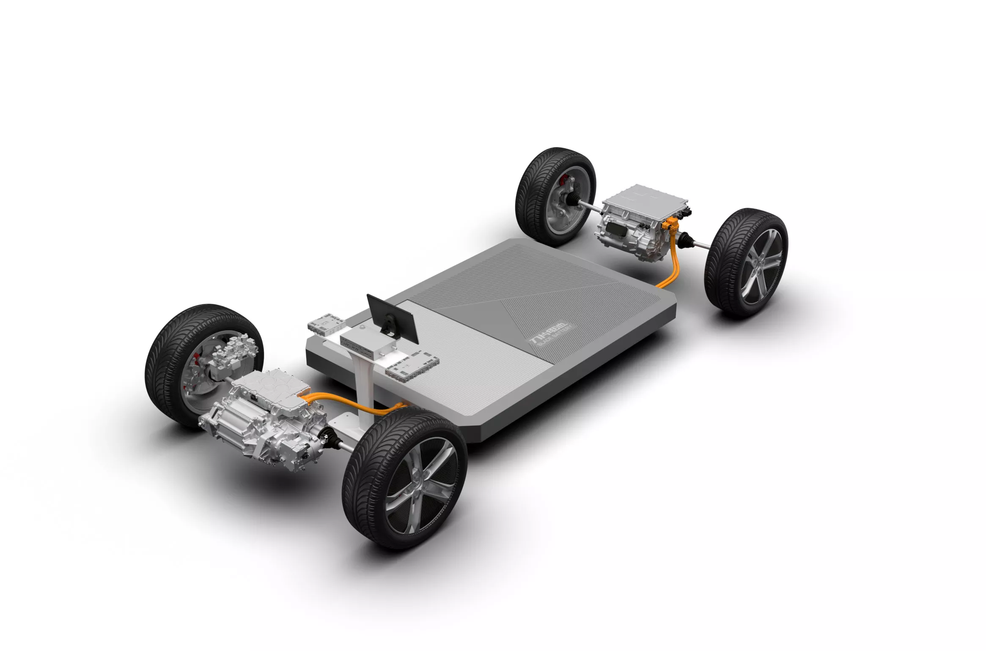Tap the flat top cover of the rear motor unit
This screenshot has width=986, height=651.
click(x=643, y=197)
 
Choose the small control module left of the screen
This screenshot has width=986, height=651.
click(x=326, y=323)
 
